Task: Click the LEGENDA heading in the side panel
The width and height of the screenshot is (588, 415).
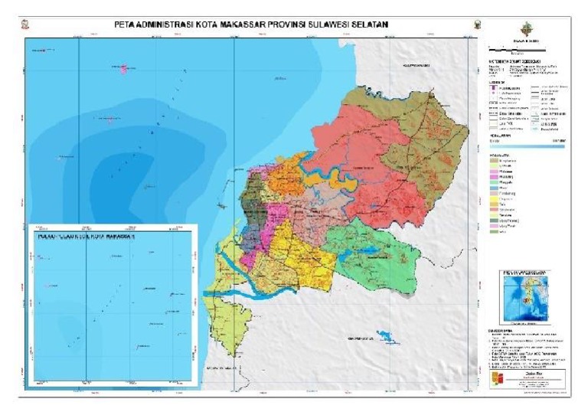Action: (500, 82)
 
